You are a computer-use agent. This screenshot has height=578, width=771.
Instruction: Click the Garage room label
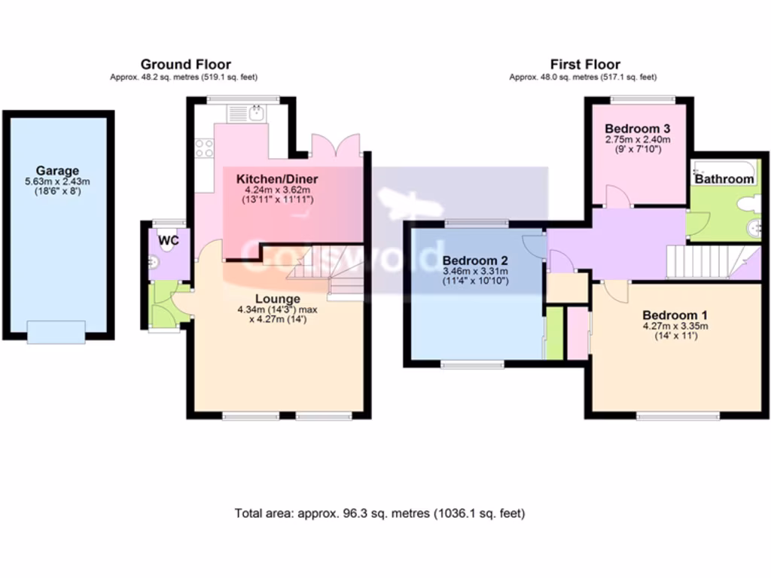coord(57,171)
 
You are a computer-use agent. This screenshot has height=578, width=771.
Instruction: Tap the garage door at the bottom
coord(56,331)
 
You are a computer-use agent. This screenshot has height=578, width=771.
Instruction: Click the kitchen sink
coord(256,113)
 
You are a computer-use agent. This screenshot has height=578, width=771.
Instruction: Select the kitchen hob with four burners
coord(204,148)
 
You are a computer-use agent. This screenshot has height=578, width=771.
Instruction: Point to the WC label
coord(169,240)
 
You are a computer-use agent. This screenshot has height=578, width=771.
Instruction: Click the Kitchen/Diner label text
coord(277,179)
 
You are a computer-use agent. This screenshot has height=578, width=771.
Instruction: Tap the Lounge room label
coord(277,299)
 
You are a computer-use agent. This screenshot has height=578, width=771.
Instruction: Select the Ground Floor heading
coord(185,65)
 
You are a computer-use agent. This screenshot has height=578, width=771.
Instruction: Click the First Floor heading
coord(585,65)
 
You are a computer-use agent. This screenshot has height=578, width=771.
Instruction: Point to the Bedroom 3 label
coord(637,129)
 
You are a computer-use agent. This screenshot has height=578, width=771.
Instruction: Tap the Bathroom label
coord(724,179)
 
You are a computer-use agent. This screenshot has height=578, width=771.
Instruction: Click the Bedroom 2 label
coord(475,261)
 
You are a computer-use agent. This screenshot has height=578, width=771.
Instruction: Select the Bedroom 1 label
coord(675,315)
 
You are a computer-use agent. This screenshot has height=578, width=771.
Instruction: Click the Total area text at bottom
coord(379,513)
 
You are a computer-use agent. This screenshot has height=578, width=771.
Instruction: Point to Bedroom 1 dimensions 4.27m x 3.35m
coord(675,326)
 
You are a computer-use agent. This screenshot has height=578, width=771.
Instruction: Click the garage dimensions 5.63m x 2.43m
coord(57,181)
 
